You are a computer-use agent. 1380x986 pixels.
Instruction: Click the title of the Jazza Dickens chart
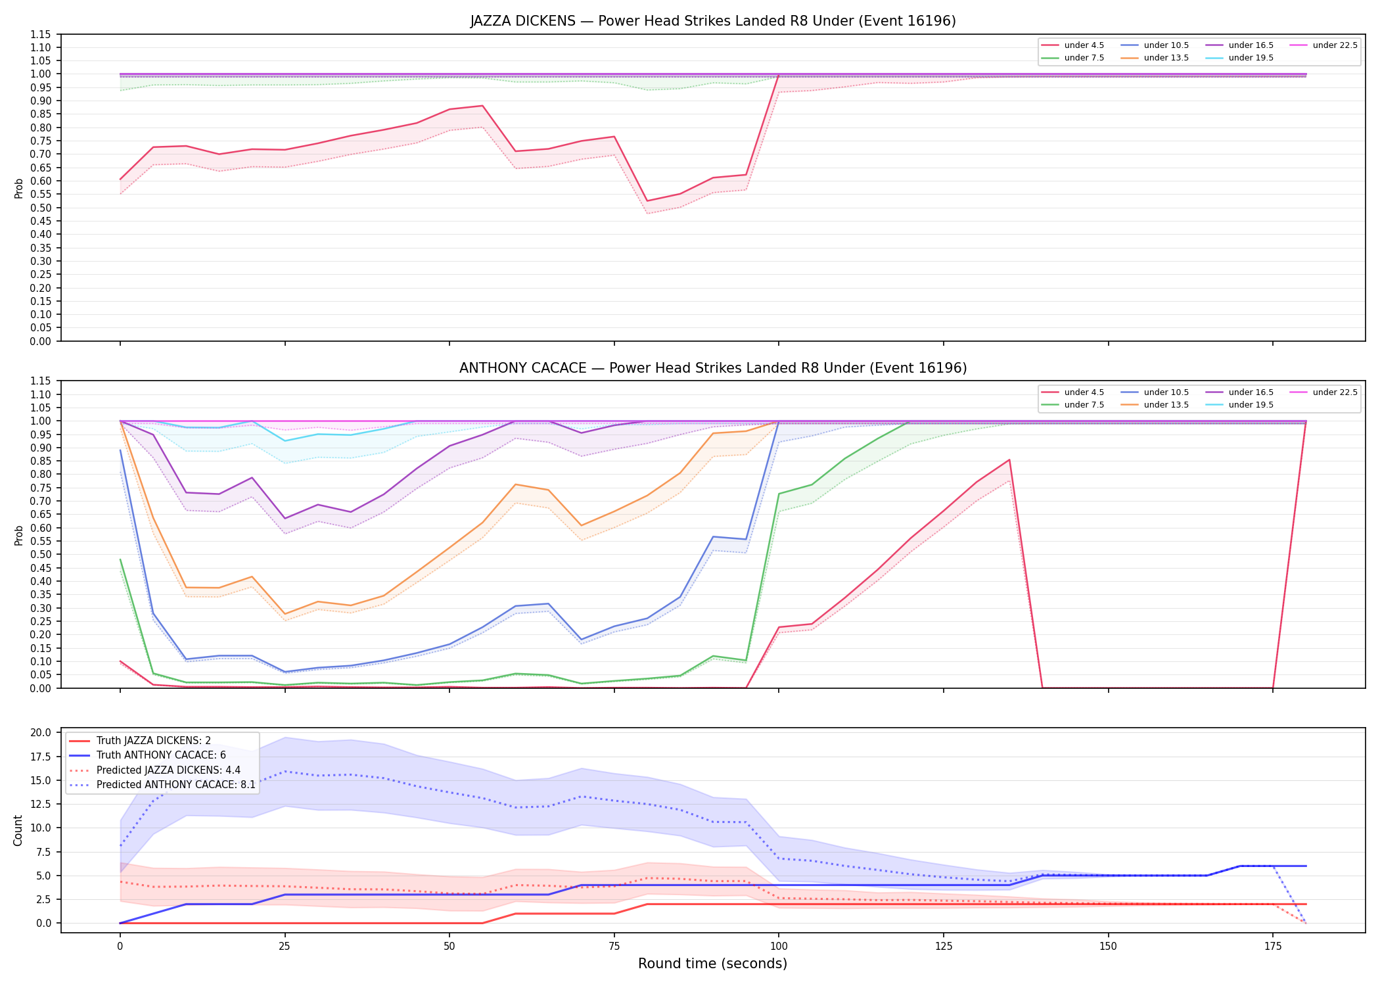coord(713,21)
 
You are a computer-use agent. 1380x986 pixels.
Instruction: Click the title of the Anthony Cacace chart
coord(713,368)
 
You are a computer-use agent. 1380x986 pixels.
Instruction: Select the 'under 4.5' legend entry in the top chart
coord(1073,45)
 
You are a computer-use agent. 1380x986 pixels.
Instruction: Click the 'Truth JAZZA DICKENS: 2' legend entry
coord(140,741)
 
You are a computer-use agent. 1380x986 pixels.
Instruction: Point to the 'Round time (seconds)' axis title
coord(713,964)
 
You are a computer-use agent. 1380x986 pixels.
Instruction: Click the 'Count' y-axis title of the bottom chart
coord(18,830)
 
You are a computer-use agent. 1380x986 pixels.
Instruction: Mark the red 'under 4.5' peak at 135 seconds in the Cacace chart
coord(1009,459)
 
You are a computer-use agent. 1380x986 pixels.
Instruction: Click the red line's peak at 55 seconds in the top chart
coord(482,106)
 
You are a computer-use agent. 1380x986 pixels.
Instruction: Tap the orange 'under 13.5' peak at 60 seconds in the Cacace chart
coord(515,484)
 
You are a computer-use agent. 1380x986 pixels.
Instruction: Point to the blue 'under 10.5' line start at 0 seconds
coord(120,450)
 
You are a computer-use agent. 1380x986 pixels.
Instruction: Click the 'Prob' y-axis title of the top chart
coord(18,189)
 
